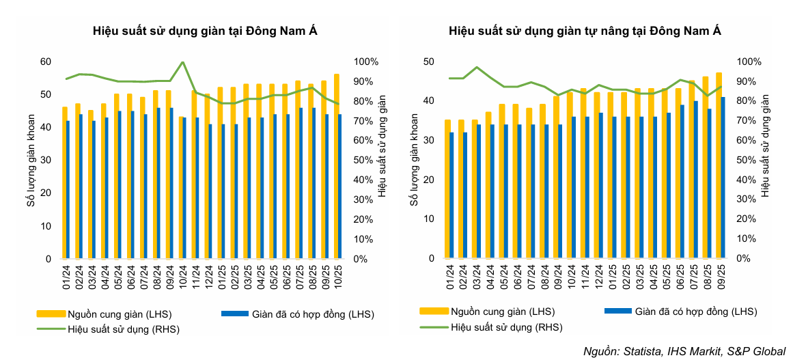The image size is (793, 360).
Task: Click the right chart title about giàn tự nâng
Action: (585, 31)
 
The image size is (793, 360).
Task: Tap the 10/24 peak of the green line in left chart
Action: (182, 62)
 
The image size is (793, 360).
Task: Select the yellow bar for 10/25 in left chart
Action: (336, 166)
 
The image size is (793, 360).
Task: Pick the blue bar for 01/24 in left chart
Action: (68, 190)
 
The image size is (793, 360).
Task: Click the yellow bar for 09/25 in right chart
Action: (718, 165)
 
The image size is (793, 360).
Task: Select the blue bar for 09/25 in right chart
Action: (723, 178)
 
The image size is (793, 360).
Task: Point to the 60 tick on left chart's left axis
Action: (46, 61)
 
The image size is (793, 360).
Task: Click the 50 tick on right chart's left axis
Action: (429, 61)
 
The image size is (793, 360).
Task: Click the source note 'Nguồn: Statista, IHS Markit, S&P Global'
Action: (684, 351)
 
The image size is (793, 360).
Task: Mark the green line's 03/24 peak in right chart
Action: (477, 67)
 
